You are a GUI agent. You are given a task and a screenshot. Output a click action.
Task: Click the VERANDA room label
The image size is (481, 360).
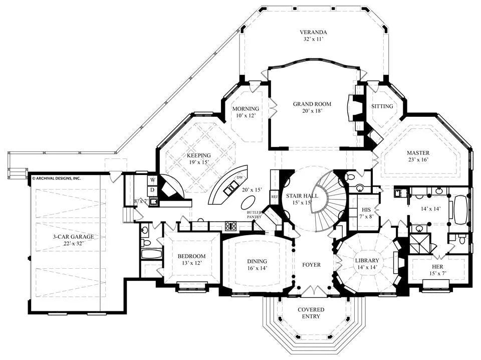coord(313,32)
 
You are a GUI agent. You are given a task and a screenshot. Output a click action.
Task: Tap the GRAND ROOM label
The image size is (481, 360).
coord(312,104)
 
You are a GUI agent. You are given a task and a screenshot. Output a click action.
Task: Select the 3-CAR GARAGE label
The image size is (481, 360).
coord(73,237)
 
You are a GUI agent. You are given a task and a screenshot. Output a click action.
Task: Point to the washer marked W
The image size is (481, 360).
coord(153,180)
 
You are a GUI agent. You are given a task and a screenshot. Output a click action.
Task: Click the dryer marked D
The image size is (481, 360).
coord(153,191)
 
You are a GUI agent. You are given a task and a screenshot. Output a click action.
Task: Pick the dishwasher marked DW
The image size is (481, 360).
coord(239,177)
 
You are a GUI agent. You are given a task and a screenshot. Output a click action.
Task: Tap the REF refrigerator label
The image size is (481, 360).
coord(274,197)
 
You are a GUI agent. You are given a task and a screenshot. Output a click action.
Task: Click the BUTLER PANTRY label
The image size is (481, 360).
coord(255,215)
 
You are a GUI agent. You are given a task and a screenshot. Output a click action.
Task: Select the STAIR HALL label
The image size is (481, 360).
coord(302,196)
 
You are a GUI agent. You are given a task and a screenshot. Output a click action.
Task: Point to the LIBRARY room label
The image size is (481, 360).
coord(367,261)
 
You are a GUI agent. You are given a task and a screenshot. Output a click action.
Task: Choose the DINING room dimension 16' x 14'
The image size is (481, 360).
coord(257,268)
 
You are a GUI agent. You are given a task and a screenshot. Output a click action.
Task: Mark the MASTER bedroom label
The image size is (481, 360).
coord(418,153)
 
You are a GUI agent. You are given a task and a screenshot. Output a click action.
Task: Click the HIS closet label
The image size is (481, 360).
coord(366,210)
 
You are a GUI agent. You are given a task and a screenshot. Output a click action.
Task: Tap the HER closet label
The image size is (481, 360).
coord(438,267)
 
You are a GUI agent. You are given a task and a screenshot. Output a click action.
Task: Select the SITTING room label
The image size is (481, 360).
coord(382,106)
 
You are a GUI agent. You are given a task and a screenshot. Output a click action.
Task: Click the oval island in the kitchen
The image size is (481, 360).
coord(248,203)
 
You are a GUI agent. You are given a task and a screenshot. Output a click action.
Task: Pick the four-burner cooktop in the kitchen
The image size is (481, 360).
coord(230,226)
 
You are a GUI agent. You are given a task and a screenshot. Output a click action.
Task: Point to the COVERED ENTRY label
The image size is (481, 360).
coord(311,313)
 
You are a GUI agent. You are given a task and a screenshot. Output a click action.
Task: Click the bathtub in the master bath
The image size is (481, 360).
coord(460,210)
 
